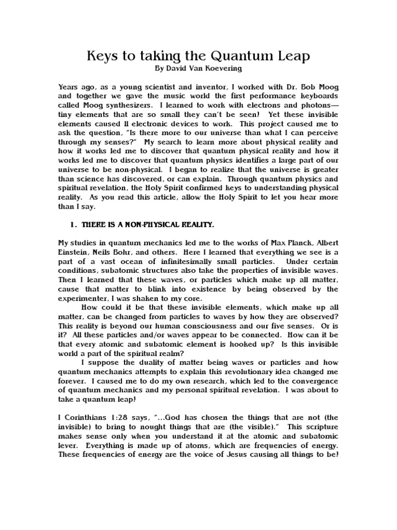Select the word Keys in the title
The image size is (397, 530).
tap(103, 55)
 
